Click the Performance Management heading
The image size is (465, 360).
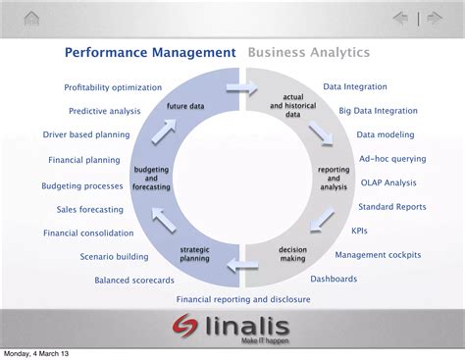click(150, 52)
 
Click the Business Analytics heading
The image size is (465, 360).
click(309, 52)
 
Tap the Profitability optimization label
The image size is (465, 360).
click(112, 88)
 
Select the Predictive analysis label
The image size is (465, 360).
click(105, 111)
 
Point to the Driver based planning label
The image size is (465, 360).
click(87, 134)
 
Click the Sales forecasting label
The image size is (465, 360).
click(90, 209)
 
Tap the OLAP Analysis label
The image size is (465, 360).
click(389, 182)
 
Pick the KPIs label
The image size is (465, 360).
click(360, 231)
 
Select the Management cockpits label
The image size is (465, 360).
click(378, 255)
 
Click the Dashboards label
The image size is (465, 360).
click(334, 279)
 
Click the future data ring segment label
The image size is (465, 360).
click(185, 106)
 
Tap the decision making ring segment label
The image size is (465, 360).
click(292, 255)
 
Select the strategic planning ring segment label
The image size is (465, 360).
click(194, 255)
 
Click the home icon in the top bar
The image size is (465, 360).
click(32, 19)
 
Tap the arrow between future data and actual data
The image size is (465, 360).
click(236, 87)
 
